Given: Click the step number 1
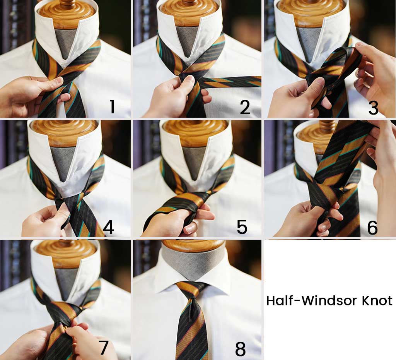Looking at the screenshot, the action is [113, 106].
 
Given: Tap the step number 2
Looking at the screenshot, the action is [245, 107].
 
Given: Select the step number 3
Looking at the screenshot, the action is [373, 108].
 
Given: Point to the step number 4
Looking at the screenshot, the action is [108, 227].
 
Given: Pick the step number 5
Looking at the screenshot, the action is [242, 227].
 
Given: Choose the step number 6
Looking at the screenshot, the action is [372, 227].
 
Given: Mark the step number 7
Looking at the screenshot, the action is [104, 348].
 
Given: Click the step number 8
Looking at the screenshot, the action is [240, 349].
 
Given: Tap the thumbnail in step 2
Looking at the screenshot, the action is [189, 81].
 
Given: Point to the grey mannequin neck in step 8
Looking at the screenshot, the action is [193, 263].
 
